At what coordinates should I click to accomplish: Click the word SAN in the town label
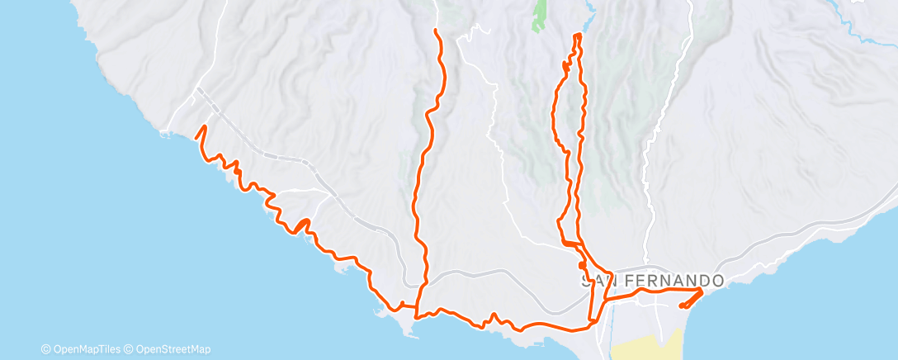coord(598,282)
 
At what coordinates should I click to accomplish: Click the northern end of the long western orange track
coord(435,31)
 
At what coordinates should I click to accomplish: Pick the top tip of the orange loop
coord(577,35)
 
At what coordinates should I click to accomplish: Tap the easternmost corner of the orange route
coord(702,290)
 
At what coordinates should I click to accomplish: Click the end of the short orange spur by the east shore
coord(680,307)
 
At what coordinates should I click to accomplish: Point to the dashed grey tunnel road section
coord(272,154)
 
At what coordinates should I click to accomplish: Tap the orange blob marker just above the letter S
coord(584,265)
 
